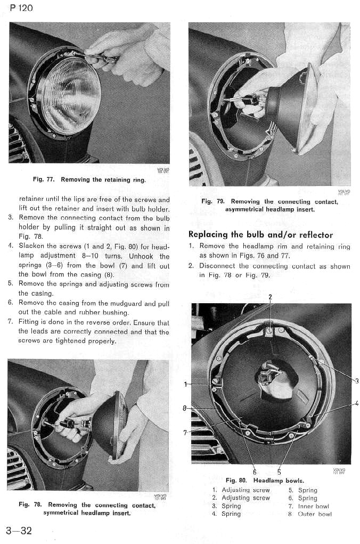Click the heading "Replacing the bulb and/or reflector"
[x=260, y=234]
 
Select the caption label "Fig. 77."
[x=45, y=180]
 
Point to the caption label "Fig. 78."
[x=31, y=505]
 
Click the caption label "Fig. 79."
[x=213, y=202]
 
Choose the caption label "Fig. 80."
[x=237, y=480]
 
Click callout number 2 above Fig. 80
[x=270, y=297]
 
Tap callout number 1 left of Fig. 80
[x=185, y=384]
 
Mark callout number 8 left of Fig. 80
[x=185, y=409]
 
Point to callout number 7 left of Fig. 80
[x=185, y=432]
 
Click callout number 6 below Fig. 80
[x=255, y=472]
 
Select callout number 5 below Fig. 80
[x=279, y=472]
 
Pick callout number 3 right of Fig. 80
[x=356, y=380]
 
